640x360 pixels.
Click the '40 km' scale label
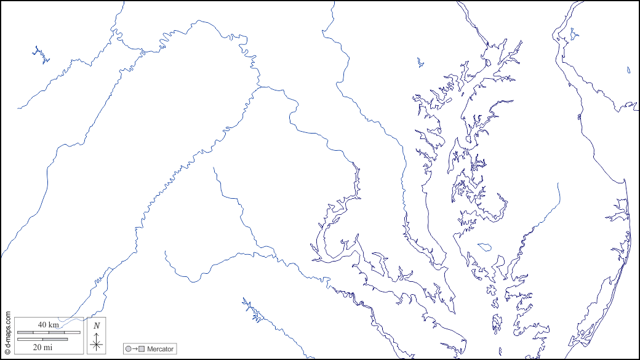(49, 324)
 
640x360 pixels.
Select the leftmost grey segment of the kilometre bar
(25, 332)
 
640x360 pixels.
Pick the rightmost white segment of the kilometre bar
(73, 332)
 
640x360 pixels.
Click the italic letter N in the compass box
(97, 326)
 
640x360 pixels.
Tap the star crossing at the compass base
(97, 345)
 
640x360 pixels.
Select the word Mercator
(160, 349)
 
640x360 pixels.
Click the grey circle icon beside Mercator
(128, 349)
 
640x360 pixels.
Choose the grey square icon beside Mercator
(142, 349)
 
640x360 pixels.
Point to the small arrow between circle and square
(135, 349)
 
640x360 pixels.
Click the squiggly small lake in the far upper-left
(42, 55)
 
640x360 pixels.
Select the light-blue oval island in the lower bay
(484, 247)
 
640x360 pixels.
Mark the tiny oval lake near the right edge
(628, 70)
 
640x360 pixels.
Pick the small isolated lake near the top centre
(420, 62)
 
